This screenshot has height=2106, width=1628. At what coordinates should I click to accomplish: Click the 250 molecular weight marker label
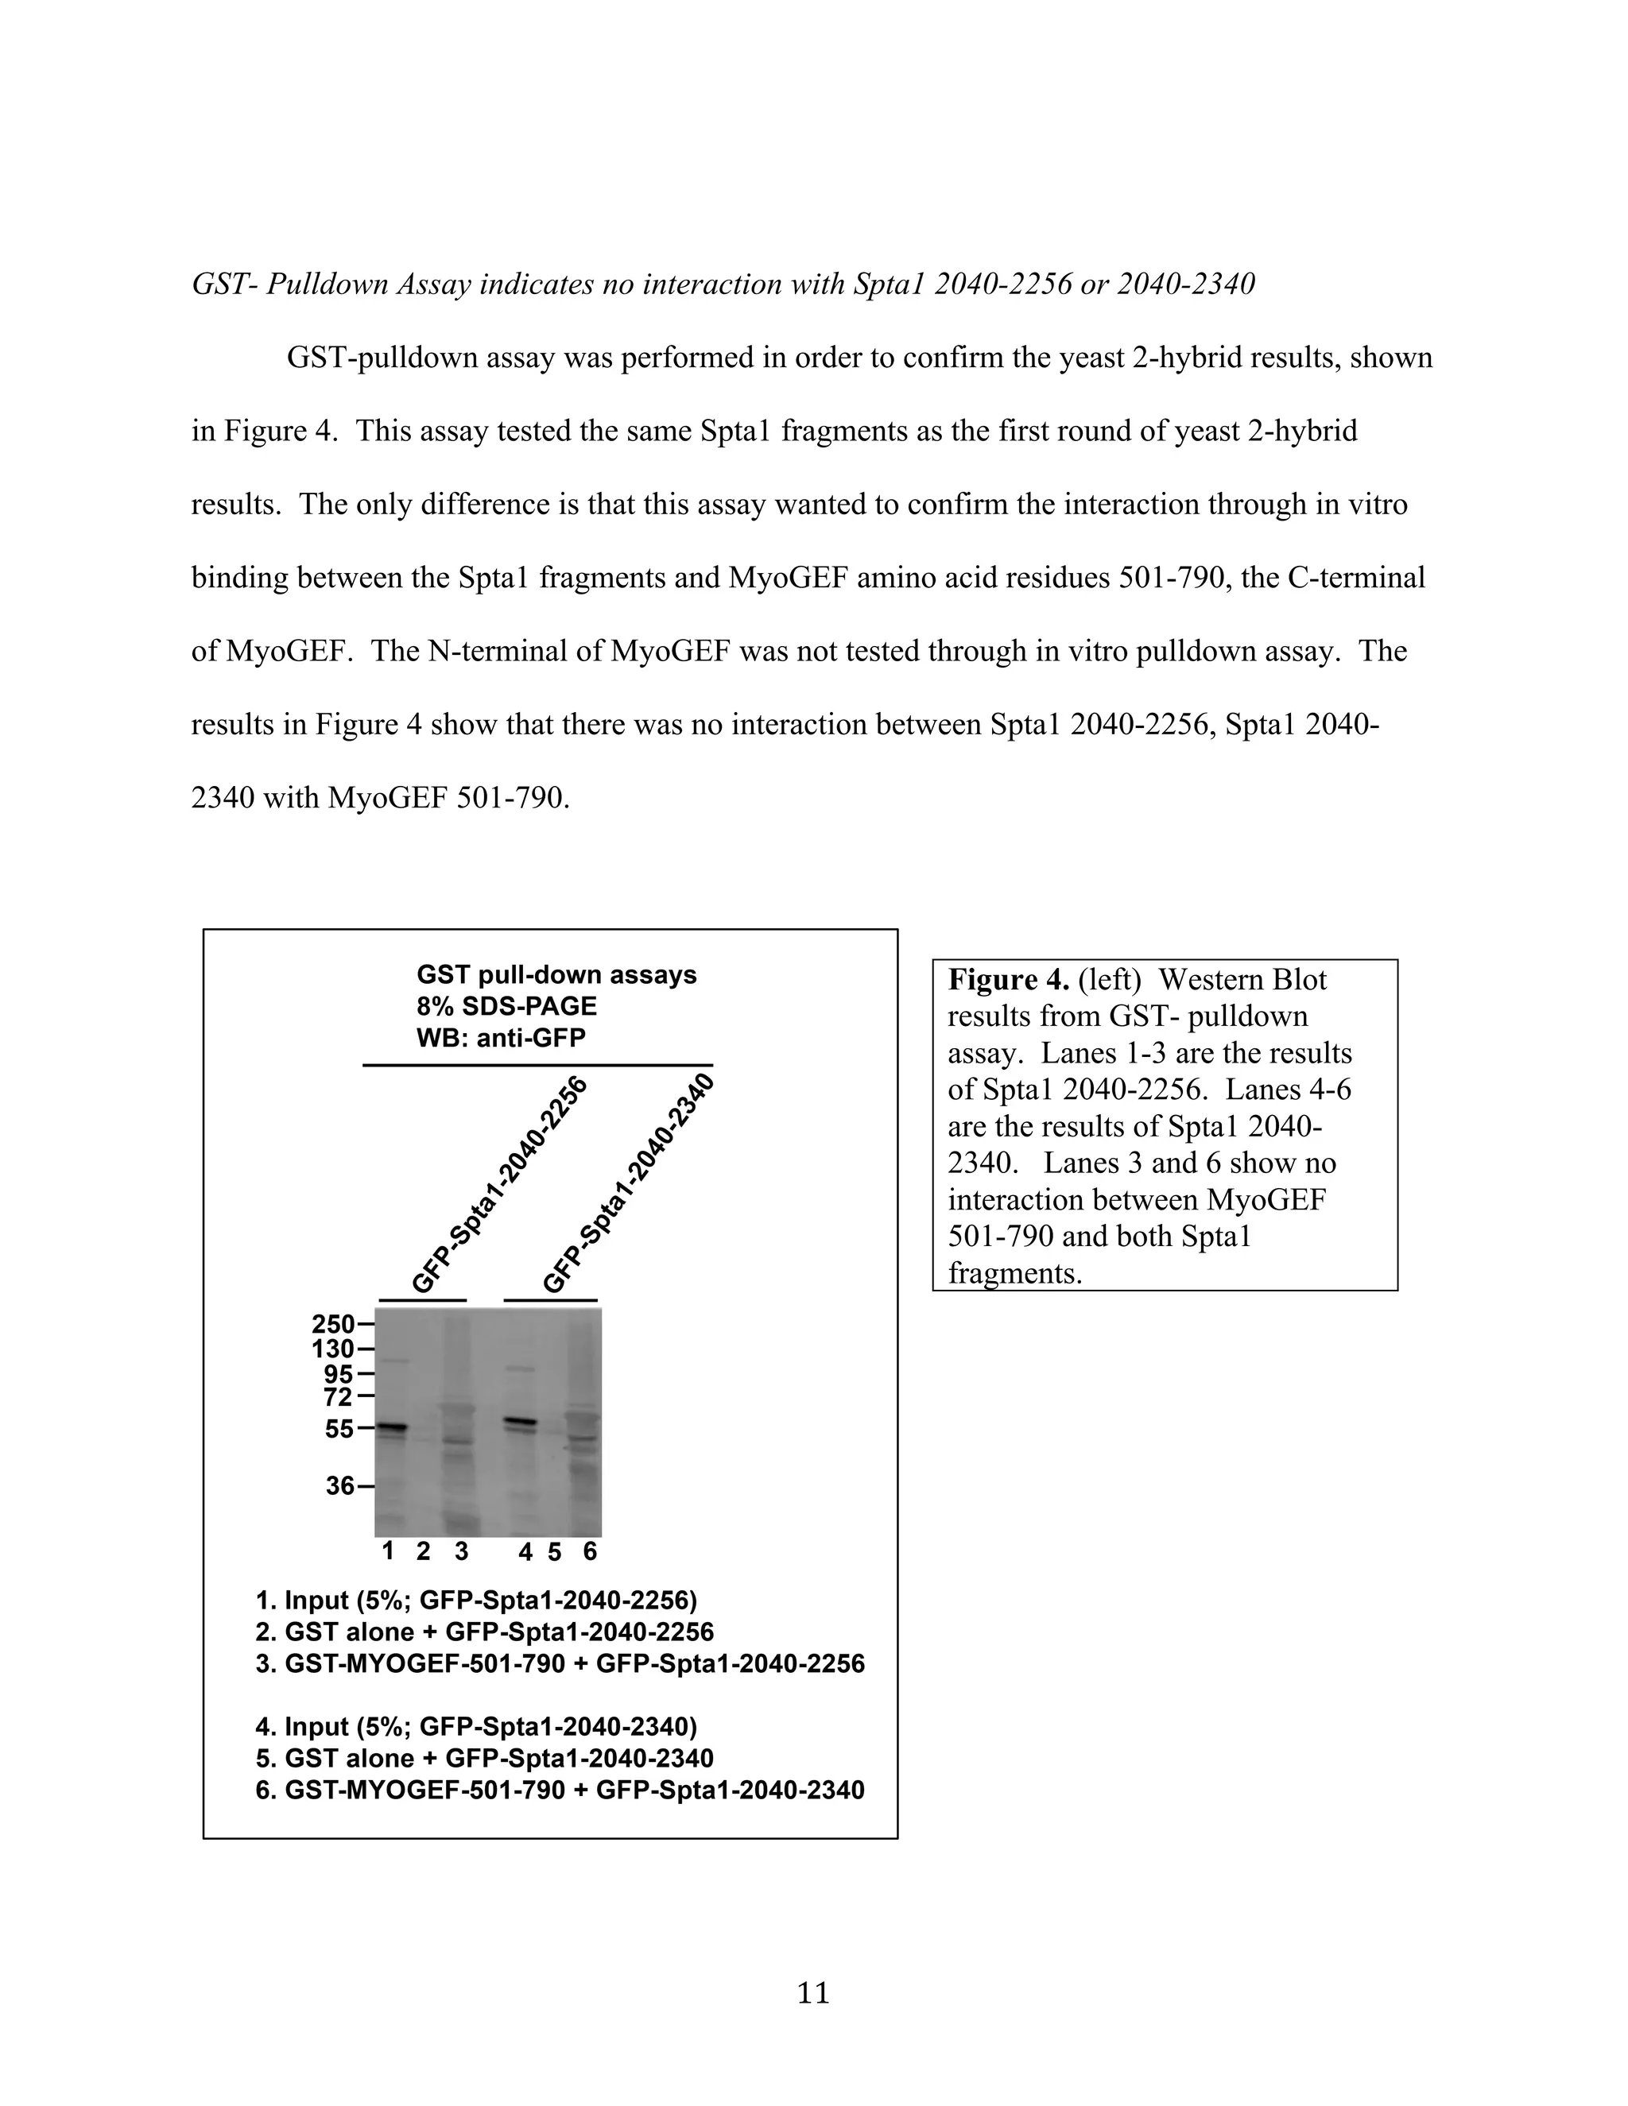333,1324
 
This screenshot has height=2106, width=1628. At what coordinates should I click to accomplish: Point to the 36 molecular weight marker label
339,1486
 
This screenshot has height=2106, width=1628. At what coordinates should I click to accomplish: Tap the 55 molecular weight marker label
339,1429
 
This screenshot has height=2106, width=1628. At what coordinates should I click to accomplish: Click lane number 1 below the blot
388,1550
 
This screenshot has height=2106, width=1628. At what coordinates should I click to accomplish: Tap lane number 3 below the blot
462,1550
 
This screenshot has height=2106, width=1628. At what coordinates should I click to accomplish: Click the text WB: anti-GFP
501,1038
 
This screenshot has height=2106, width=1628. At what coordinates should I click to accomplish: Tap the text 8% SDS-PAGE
506,1007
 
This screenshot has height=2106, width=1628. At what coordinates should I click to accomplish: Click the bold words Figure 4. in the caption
1008,980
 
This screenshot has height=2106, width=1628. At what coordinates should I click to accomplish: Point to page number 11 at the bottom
813,1992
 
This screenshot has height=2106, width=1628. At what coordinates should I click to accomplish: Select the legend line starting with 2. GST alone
484,1632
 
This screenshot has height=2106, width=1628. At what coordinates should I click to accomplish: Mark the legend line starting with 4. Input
475,1726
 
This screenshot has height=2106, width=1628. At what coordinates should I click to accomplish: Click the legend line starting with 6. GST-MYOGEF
560,1790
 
